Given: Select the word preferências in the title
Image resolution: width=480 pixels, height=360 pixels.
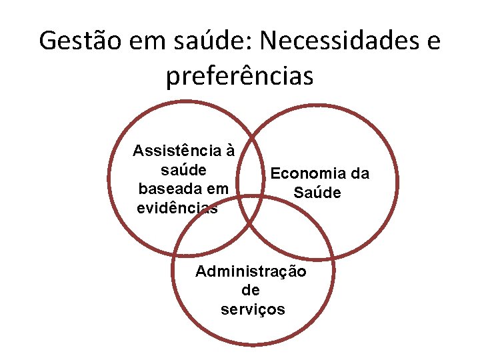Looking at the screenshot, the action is pos(239,76).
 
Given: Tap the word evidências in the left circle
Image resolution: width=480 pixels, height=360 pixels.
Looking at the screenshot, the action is pos(177,208).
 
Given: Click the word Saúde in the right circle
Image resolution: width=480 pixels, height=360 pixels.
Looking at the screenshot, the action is pos(317,193).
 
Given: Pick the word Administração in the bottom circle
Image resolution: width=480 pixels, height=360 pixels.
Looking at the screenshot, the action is pos(251,272).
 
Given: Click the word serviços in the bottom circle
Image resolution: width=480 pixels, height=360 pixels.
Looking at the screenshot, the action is pos(252,310).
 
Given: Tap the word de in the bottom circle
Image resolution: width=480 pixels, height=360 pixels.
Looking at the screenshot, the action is pos(251,291).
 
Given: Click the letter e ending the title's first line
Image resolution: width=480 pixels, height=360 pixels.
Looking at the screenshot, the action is pos(433,41).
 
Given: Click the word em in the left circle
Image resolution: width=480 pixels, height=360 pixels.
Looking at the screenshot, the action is pos(217,189).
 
